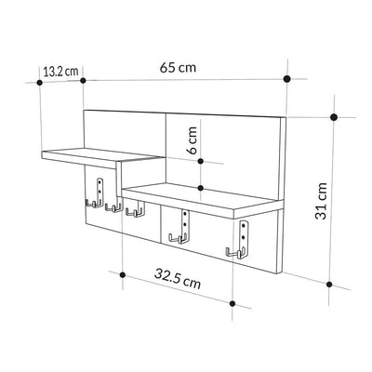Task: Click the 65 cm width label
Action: tap(178, 67)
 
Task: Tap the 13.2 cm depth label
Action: tap(60, 72)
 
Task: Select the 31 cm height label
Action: tap(321, 202)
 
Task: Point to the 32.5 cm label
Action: tap(178, 278)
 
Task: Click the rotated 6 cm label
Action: tap(193, 140)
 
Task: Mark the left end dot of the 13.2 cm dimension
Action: tap(39, 83)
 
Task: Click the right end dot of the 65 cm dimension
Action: tap(287, 79)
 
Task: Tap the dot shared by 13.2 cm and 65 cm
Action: tap(83, 81)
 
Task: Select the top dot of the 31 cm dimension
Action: tap(334, 117)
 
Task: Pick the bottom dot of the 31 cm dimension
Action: tap(329, 285)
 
